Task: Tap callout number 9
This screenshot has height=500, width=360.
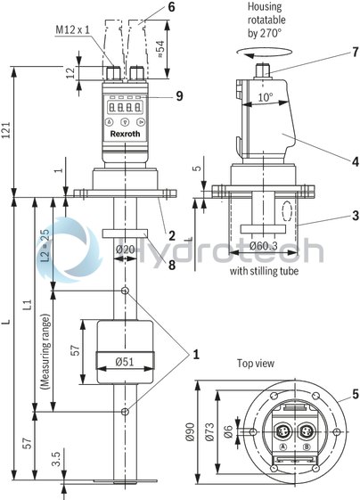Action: (x=179, y=95)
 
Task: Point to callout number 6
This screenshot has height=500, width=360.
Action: (x=173, y=6)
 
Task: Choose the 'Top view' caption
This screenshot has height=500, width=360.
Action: (x=257, y=364)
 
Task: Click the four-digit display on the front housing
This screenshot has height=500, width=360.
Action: (x=125, y=111)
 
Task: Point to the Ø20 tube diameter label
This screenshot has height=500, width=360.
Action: (x=126, y=249)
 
